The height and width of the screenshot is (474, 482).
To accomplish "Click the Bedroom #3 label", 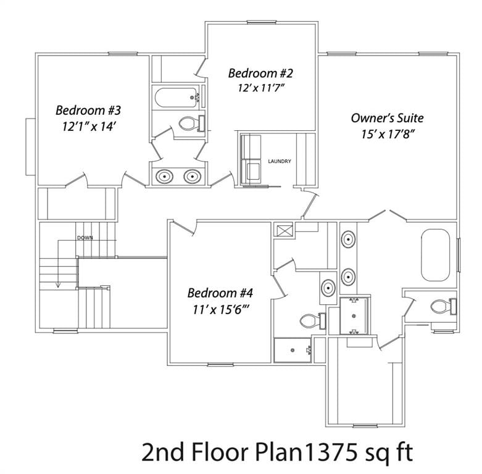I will (88, 110).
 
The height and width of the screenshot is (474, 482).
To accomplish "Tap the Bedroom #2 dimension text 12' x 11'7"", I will (260, 88).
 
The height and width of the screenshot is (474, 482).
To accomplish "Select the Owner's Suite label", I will (387, 118).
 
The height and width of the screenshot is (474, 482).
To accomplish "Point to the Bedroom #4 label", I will (220, 293).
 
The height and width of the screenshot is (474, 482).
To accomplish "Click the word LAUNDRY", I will (279, 162).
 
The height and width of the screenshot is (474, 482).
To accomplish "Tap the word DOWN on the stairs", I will (85, 238).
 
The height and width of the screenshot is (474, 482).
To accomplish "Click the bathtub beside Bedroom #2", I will (177, 98).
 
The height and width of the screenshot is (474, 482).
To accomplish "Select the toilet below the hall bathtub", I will (191, 124).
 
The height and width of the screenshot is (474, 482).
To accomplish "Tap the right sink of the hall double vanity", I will (193, 177).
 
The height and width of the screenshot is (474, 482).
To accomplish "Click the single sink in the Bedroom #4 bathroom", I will (328, 288).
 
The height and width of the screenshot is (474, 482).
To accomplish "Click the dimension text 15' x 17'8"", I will (387, 134).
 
